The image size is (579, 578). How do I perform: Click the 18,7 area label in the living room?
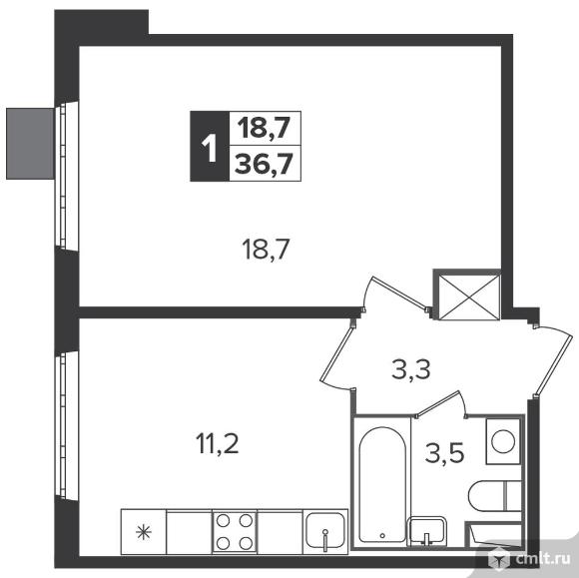(x=265, y=250)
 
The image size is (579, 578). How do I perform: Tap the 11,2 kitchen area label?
(x=218, y=443)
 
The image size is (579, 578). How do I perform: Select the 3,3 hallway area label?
(x=410, y=369)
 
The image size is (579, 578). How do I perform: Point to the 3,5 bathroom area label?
(x=444, y=453)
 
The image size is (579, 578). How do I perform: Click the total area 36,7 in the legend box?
(x=264, y=164)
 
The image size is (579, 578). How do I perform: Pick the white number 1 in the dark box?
(x=210, y=148)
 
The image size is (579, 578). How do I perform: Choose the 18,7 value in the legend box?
(x=264, y=128)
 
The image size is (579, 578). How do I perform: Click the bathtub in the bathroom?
(x=382, y=484)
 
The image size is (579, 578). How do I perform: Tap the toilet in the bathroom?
(x=494, y=495)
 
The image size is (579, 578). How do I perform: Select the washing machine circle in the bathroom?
(x=503, y=441)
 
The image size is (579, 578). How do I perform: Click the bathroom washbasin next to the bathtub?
(x=426, y=531)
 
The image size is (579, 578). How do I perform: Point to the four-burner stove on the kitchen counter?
(x=235, y=532)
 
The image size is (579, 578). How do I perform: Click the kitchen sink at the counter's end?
(x=325, y=532)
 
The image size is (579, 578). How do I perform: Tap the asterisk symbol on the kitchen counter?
(x=144, y=532)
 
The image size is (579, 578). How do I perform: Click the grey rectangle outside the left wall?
(x=30, y=144)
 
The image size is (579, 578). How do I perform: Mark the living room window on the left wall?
(x=63, y=175)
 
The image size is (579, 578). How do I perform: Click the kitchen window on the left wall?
(x=63, y=425)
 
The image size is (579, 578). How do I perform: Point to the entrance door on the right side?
(x=553, y=360)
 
